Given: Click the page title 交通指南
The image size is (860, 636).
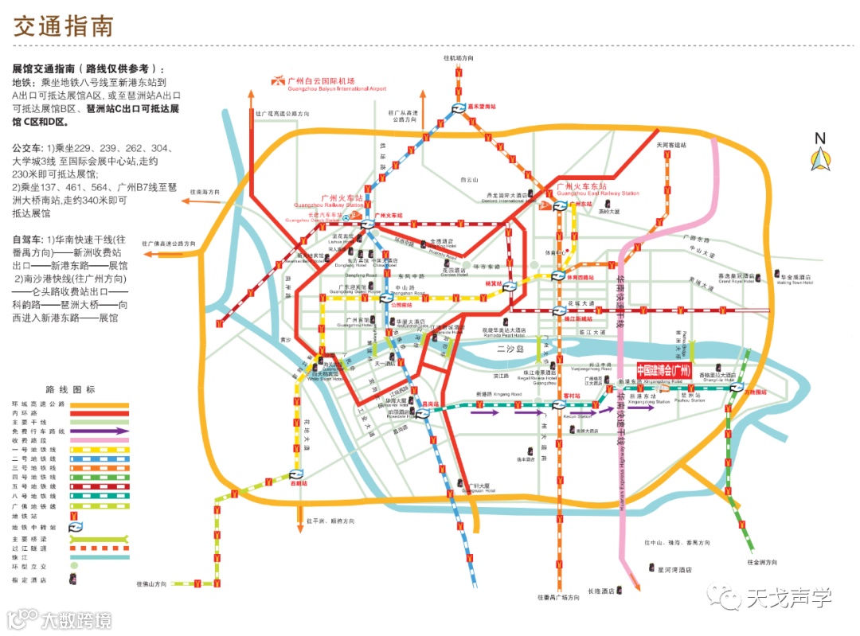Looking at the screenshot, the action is coord(64,25).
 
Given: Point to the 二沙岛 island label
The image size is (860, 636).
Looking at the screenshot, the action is coord(509,347).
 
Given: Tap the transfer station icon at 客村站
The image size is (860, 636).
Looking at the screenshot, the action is coord(558,404).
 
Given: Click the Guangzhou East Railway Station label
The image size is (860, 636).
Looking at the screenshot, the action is coord(598,189).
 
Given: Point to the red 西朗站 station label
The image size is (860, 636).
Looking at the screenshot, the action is coord(298,482).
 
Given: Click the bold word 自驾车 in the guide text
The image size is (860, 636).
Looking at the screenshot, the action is coord(27,239).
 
